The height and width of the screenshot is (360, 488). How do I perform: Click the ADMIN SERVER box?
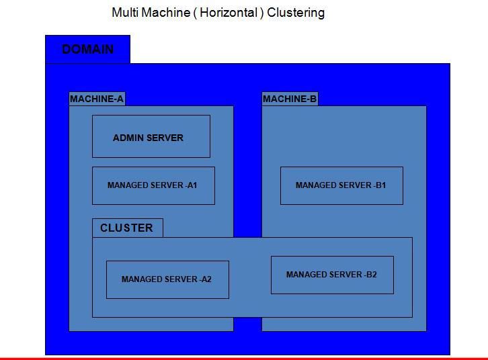(x=151, y=136)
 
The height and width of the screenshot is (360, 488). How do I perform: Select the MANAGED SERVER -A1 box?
(x=153, y=185)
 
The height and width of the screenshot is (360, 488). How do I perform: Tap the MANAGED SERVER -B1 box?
(x=341, y=185)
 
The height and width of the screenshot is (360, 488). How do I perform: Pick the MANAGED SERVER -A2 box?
(x=167, y=279)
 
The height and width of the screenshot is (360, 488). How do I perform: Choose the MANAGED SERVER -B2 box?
(x=332, y=275)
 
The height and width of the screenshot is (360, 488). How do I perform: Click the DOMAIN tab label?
(x=87, y=50)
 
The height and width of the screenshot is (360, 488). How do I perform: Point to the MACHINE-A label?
(x=97, y=99)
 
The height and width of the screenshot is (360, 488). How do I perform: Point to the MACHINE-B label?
(x=290, y=99)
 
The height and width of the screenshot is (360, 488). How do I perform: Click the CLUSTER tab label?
(x=126, y=228)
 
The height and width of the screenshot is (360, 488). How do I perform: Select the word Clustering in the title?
(x=296, y=13)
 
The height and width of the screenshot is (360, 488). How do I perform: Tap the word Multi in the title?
(x=125, y=13)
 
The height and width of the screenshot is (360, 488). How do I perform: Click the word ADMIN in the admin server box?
(x=128, y=138)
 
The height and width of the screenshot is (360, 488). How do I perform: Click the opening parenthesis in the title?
(x=196, y=13)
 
